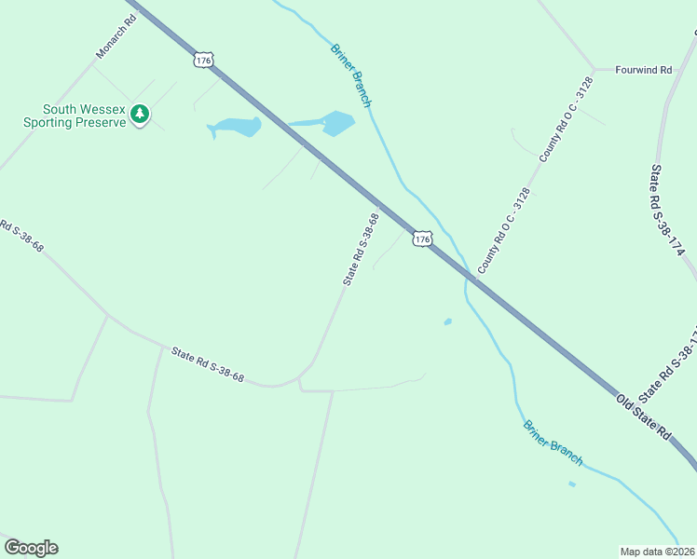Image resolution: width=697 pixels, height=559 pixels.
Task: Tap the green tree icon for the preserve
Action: pyautogui.click(x=140, y=115)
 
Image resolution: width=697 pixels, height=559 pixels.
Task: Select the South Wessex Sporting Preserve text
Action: pyautogui.click(x=75, y=116)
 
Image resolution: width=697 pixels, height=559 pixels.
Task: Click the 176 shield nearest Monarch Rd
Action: pyautogui.click(x=204, y=60)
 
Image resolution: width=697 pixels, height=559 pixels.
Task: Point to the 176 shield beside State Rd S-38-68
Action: pyautogui.click(x=422, y=239)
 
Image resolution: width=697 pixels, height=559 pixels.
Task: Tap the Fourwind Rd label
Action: pyautogui.click(x=644, y=69)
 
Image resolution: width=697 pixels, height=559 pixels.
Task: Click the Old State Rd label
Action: pyautogui.click(x=643, y=416)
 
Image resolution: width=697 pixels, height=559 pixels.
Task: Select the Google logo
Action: pyautogui.click(x=31, y=548)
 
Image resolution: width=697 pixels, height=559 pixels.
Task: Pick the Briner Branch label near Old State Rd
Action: pyautogui.click(x=553, y=443)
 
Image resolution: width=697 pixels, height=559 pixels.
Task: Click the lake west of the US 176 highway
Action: pyautogui.click(x=233, y=127)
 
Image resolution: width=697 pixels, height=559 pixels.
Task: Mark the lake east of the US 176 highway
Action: pyautogui.click(x=335, y=122)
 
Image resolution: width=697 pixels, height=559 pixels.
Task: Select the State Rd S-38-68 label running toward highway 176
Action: pyautogui.click(x=362, y=250)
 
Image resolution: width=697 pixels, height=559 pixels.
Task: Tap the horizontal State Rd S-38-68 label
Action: pyautogui.click(x=207, y=364)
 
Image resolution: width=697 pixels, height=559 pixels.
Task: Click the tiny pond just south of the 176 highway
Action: pyautogui.click(x=448, y=322)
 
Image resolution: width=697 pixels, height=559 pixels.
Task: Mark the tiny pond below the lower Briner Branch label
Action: pyautogui.click(x=572, y=484)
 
